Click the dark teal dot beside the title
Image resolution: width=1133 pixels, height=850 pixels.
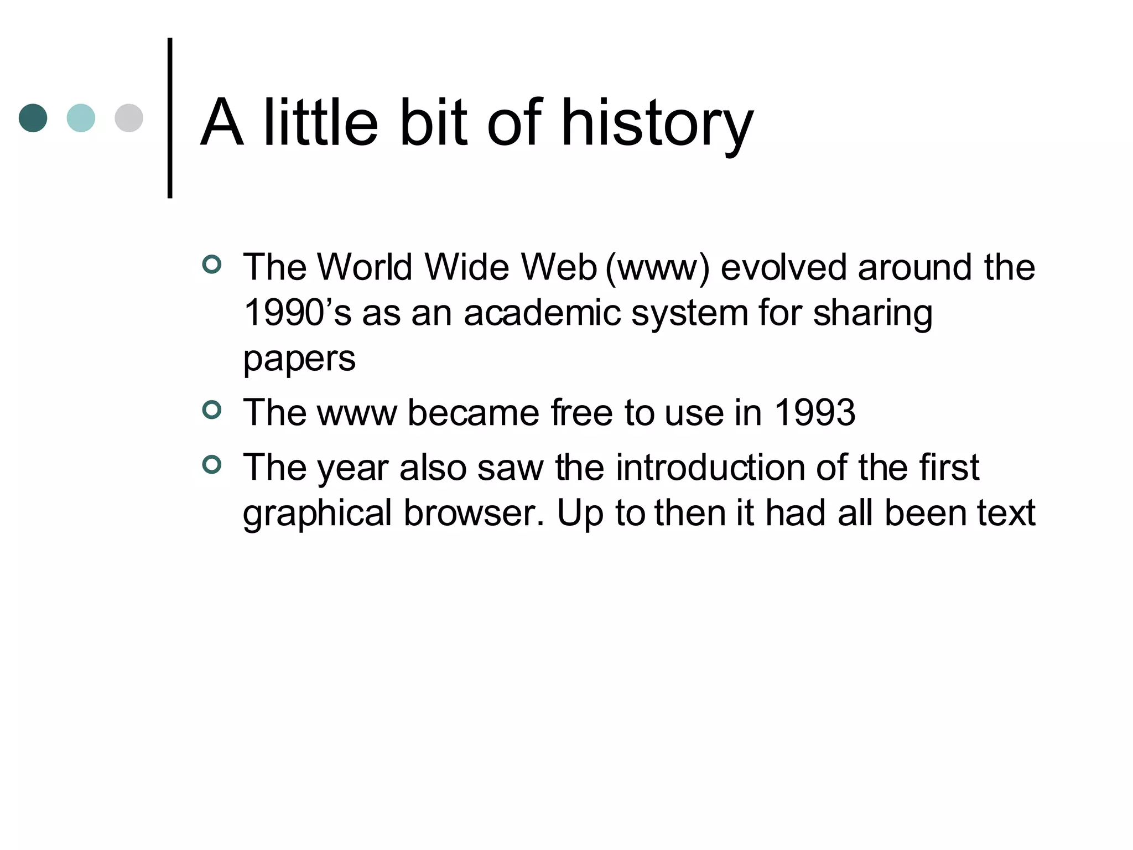[x=33, y=118]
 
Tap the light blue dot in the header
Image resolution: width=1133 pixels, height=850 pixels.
[x=81, y=118]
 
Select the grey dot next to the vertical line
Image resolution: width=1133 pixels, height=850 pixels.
[x=129, y=118]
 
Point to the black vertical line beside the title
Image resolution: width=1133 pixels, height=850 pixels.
[x=170, y=118]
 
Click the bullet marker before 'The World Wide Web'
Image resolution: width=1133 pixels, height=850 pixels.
[x=212, y=264]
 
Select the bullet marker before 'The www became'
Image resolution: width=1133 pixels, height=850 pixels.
[x=212, y=410]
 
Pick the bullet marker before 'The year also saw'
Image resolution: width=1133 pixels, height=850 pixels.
[x=212, y=464]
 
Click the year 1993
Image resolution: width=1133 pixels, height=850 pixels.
[x=814, y=413]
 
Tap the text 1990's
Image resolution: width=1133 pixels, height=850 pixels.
[x=297, y=313]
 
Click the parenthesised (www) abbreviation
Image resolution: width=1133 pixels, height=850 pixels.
[x=657, y=268]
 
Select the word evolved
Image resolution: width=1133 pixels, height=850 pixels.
[x=784, y=267]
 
